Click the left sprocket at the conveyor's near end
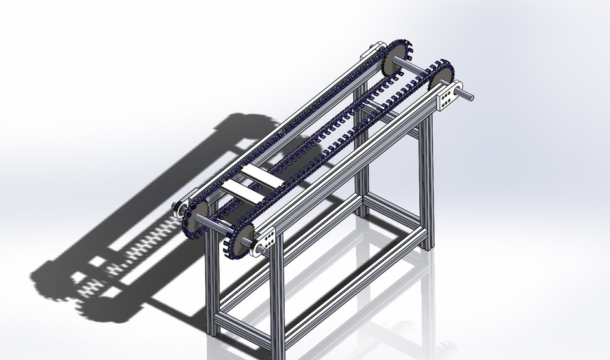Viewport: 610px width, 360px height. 198,216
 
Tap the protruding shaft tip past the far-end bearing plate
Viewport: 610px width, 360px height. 468,96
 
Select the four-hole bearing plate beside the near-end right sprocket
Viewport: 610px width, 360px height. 266,240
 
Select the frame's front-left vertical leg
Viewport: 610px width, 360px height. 211,286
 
